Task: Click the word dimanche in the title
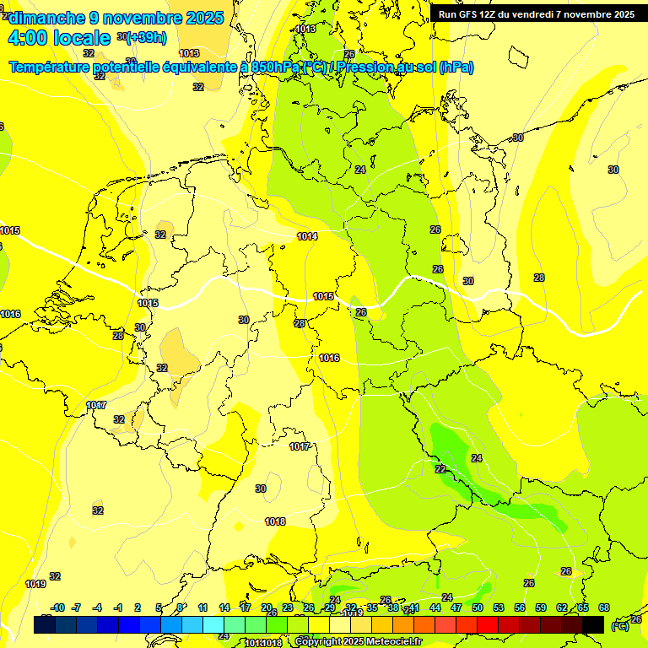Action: pos(43,18)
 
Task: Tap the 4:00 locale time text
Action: pos(59,38)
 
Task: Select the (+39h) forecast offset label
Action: pos(144,37)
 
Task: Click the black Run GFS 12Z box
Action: pos(536,14)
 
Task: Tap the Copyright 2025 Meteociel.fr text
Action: pos(358,642)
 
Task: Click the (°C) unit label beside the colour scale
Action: pos(619,626)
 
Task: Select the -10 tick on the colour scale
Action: pos(57,607)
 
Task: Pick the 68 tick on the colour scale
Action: pos(604,607)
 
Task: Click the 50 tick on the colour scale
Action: pos(478,607)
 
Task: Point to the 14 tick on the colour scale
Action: pos(224,607)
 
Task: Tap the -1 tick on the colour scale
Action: pos(118,607)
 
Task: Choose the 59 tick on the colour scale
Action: pos(541,607)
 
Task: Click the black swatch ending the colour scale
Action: pos(593,624)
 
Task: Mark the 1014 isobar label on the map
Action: pos(307,236)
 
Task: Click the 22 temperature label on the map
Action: pos(440,469)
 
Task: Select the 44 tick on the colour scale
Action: pos(435,607)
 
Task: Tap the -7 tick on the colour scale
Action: pos(77,607)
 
